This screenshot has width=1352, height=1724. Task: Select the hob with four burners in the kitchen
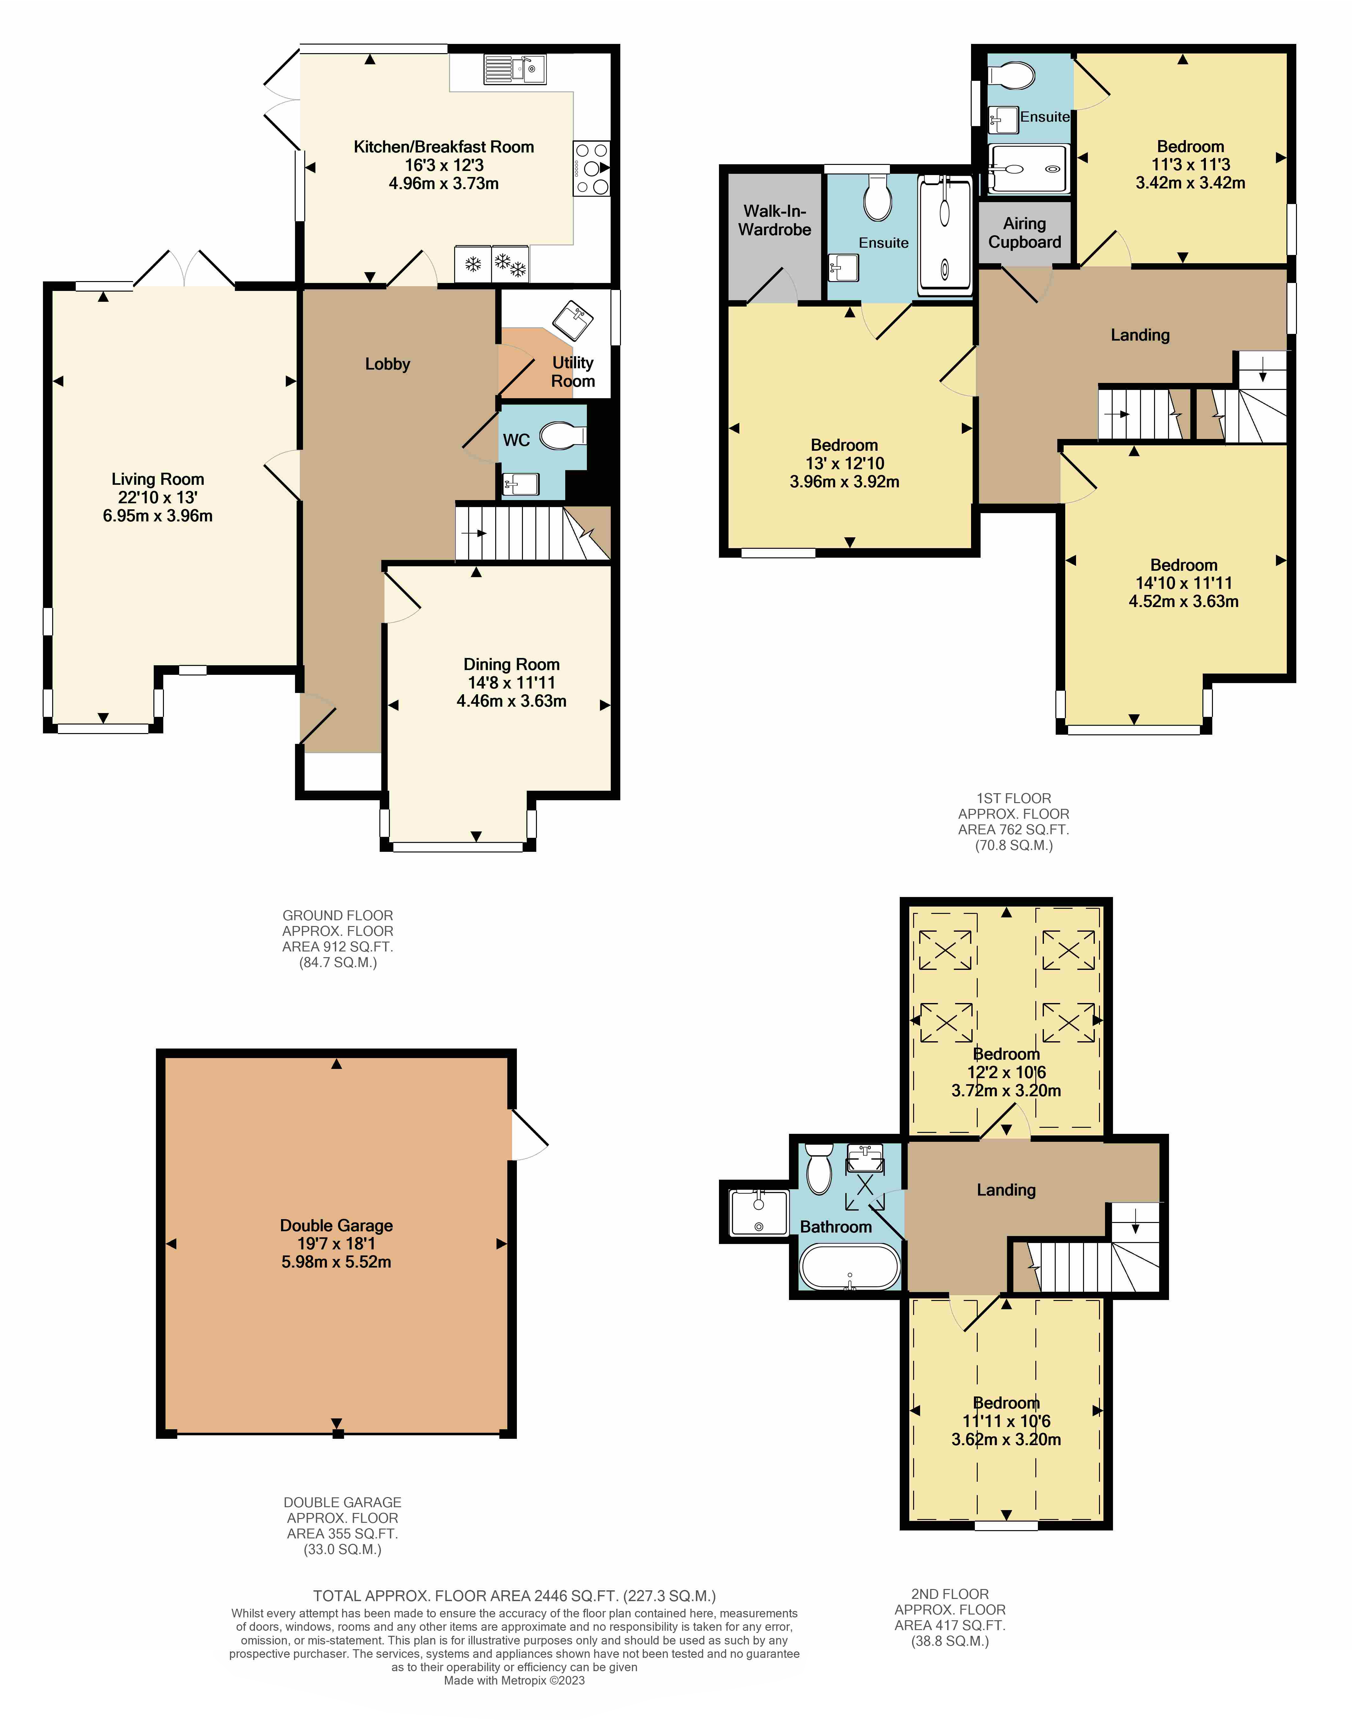click(591, 168)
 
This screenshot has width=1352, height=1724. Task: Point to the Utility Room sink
click(573, 321)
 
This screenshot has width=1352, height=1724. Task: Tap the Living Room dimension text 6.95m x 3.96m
click(158, 516)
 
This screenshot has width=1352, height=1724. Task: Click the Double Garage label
click(336, 1225)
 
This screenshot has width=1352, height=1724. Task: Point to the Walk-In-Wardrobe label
click(775, 220)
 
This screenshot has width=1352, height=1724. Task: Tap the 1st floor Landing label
click(1140, 335)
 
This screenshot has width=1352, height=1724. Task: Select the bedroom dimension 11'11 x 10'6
click(1005, 1421)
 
